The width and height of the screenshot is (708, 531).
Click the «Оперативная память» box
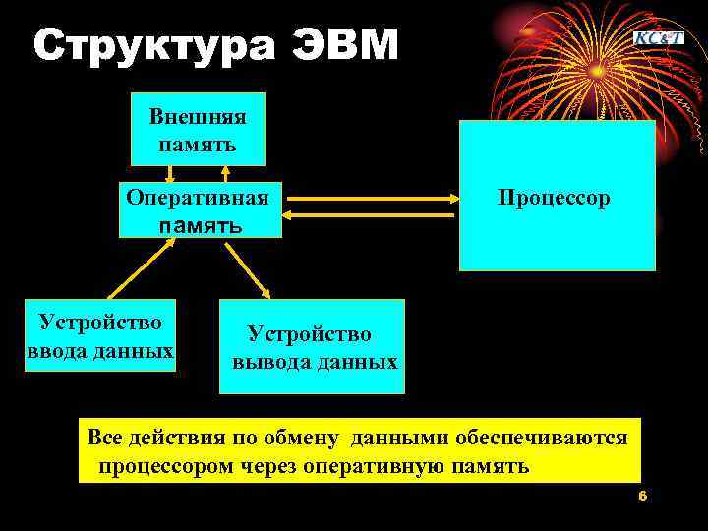[200, 209]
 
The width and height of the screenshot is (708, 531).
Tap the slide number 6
[642, 496]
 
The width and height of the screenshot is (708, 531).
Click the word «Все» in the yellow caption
[105, 437]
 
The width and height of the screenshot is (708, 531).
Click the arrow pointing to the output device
[250, 267]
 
